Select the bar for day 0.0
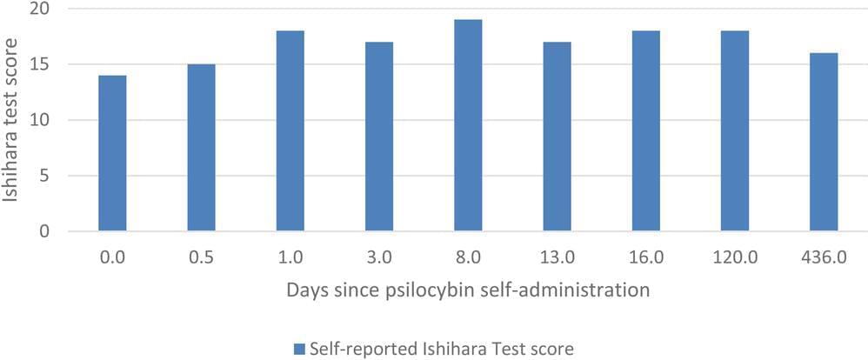tap(112, 153)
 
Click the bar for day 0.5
tap(201, 148)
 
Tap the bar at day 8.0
tap(467, 125)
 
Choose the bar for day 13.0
tap(557, 137)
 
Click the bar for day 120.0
tap(734, 130)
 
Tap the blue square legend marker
tap(298, 349)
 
